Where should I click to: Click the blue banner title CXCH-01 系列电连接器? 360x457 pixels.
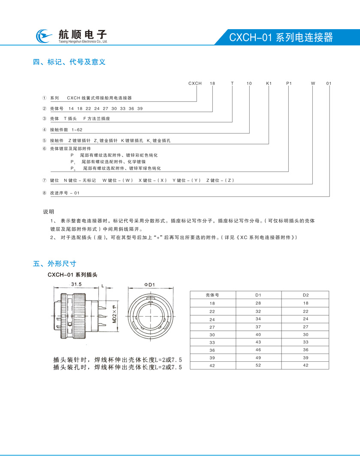tap(281, 37)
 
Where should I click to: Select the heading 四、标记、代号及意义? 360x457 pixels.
tap(70, 62)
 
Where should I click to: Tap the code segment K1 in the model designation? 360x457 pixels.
tap(269, 83)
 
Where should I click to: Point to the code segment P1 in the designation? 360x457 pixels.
tap(289, 83)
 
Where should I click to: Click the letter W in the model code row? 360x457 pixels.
tap(313, 83)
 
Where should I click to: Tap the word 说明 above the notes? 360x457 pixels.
tap(48, 212)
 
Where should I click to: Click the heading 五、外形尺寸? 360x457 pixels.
tap(54, 263)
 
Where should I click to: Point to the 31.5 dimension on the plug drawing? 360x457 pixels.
tap(77, 284)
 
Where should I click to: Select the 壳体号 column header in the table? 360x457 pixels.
tap(212, 295)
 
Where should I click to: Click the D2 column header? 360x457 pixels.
tap(306, 295)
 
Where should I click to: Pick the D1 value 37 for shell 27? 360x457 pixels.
tap(258, 327)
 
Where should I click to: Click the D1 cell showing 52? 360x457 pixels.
tap(258, 365)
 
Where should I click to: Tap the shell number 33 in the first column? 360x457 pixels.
tap(212, 342)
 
